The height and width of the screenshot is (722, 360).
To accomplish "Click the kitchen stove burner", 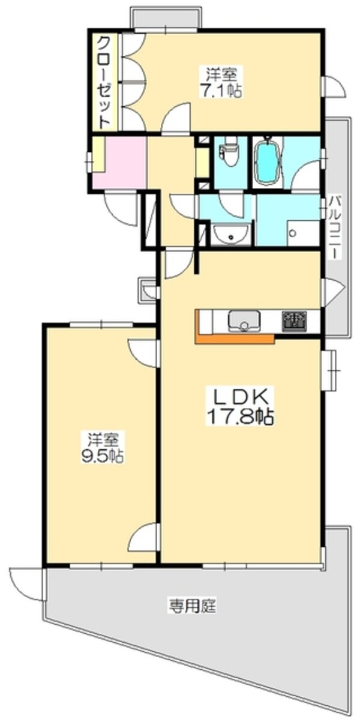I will pos(295,320).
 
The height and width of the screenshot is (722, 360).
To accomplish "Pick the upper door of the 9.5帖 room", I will pos(144,353).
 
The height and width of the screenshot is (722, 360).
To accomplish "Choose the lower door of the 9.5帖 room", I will pos(144,537).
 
